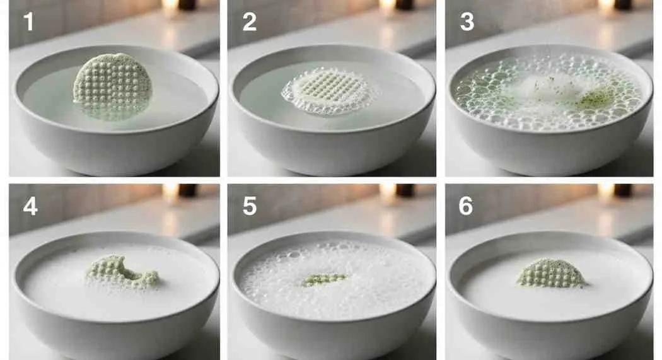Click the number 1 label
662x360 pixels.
(28, 22)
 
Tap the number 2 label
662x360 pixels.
(249, 22)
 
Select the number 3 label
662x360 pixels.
(467, 22)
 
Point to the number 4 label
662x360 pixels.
(30, 206)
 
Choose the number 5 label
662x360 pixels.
(250, 206)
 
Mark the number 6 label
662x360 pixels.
(466, 206)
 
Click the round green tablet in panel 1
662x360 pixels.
(112, 86)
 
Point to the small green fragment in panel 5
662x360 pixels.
(324, 279)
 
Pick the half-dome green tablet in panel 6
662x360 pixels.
(552, 274)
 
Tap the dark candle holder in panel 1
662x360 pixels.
(187, 4)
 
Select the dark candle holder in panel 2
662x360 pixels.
(406, 4)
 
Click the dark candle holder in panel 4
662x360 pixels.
(187, 190)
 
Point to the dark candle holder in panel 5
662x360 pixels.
(406, 190)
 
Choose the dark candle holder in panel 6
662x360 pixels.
(623, 190)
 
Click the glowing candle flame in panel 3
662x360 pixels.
(607, 6)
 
